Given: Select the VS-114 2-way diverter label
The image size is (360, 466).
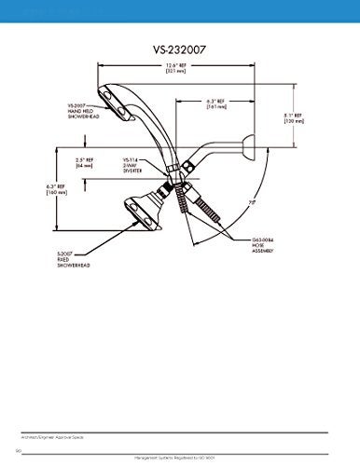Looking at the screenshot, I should coord(134,166).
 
